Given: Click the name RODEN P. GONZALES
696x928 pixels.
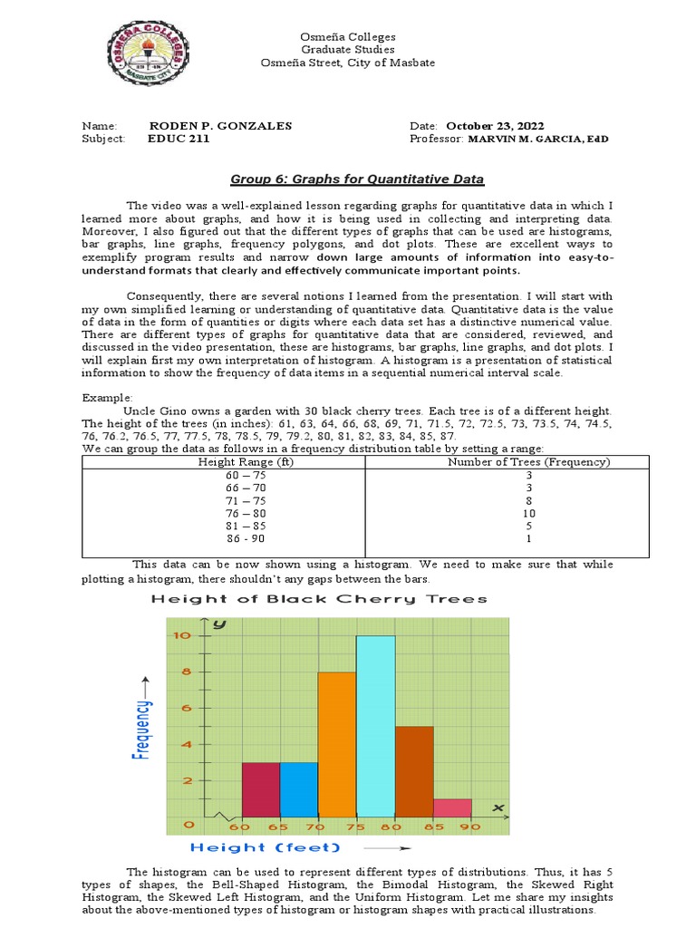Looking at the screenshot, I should tap(220, 126).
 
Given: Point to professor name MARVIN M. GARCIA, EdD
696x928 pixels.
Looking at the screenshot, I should tap(538, 140).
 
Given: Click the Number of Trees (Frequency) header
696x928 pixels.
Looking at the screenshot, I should tap(529, 462).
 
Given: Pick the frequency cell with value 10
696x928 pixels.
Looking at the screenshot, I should tap(529, 512).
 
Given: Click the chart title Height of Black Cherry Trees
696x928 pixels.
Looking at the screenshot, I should tap(319, 599).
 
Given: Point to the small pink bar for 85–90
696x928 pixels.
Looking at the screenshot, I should tap(453, 807).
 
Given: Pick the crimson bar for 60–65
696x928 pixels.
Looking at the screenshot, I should tap(260, 789).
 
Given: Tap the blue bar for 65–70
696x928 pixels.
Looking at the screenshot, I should tap(298, 789).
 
